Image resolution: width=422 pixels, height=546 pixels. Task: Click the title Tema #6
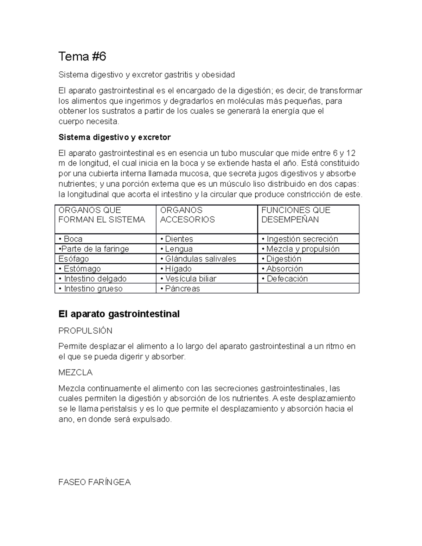82,56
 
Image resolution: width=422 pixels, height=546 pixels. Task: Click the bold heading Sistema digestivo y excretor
114,137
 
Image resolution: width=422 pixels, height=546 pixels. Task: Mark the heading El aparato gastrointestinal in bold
119,314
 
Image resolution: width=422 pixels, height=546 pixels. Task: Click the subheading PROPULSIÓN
85,331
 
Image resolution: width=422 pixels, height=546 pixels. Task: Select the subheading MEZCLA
75,372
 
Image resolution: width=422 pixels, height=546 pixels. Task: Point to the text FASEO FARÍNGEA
94,482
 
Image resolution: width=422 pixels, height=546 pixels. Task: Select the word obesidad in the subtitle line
218,75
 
